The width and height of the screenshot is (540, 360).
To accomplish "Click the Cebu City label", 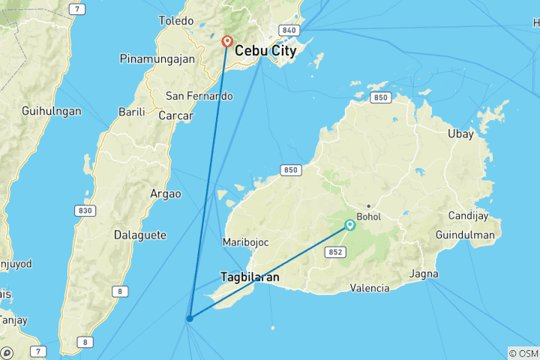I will [265, 51].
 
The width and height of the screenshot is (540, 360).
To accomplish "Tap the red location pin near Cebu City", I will [226, 43].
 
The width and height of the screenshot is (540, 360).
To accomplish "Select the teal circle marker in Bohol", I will [350, 224].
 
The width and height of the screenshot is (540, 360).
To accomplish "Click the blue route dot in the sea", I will [190, 319].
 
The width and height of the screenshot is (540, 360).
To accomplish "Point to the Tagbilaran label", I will [250, 277].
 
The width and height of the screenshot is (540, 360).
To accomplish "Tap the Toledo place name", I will [176, 21].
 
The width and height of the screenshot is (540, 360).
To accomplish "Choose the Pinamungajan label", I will [157, 58].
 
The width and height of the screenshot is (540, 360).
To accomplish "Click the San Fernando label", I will [199, 96].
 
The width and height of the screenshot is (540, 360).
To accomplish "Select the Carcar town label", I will [176, 116].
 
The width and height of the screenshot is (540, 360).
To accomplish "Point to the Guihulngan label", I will [52, 110].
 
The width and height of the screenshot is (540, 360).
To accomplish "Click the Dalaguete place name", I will [139, 235].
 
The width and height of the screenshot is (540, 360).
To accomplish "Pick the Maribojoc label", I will [245, 242].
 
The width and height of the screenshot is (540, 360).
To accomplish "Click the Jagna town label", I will [424, 274].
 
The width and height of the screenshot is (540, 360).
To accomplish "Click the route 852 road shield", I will [336, 252].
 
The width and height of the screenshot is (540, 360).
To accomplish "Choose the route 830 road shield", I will [85, 211].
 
